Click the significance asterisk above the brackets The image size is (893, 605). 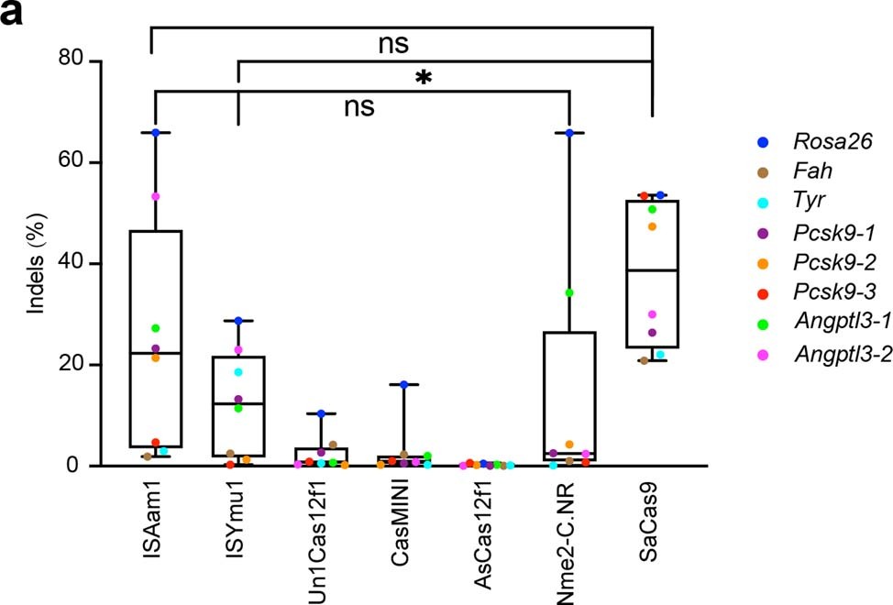pos(423,80)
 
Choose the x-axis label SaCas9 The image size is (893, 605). pos(652,518)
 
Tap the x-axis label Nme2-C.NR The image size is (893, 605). pos(569,541)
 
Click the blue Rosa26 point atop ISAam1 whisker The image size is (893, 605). pos(156,133)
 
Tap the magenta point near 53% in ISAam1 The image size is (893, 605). pos(156,196)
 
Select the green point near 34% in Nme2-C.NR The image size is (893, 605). pos(569,293)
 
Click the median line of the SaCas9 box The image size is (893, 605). pos(652,270)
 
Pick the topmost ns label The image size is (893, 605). pos(393,44)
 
